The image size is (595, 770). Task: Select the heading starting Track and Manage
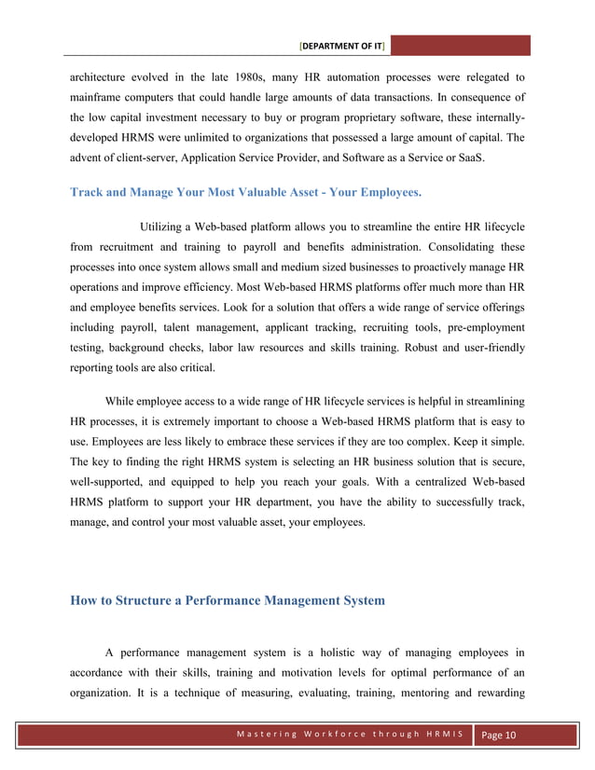[245, 193]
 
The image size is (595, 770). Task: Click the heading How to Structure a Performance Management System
[228, 600]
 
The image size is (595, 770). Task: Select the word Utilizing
[165, 227]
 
